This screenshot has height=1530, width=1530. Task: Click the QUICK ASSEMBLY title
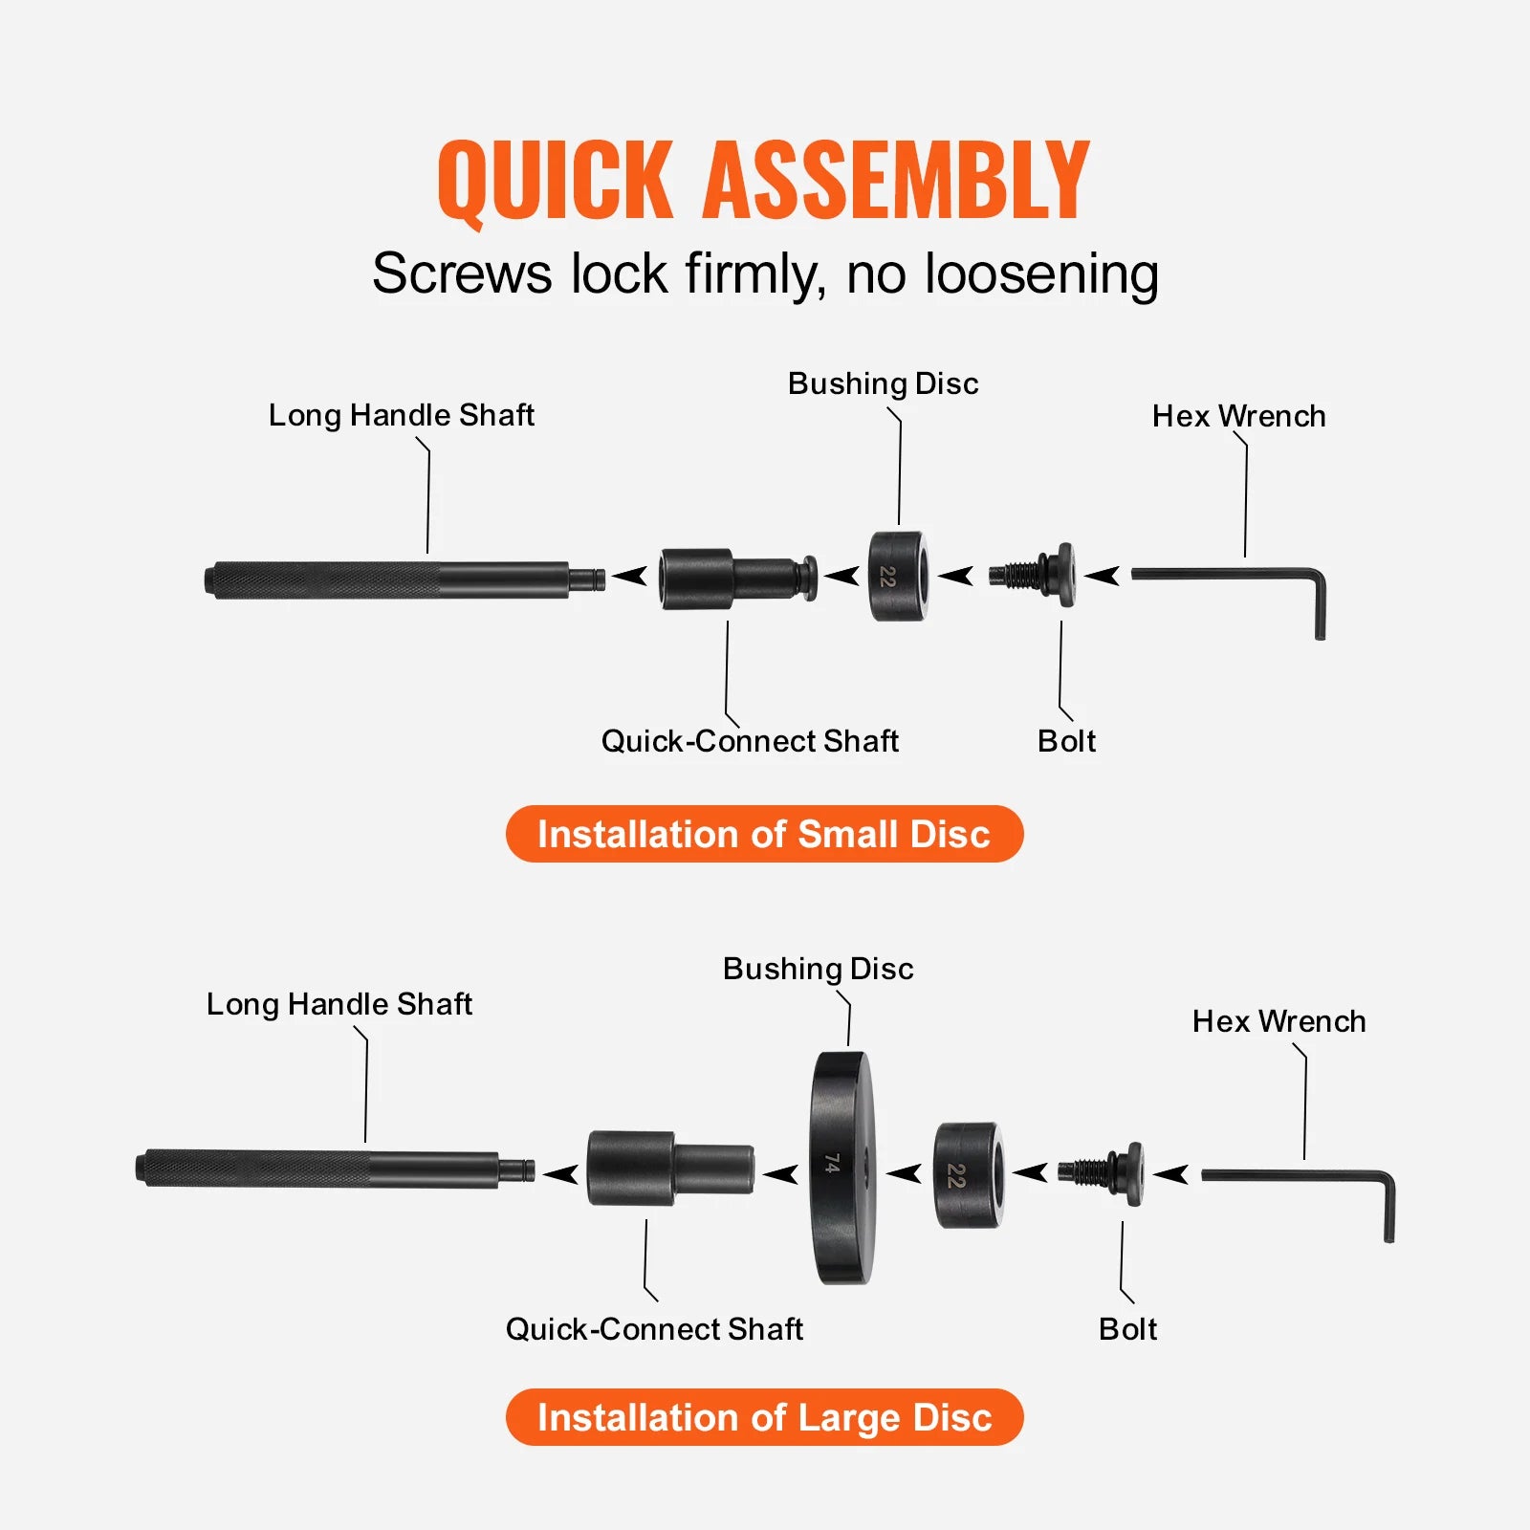click(x=763, y=180)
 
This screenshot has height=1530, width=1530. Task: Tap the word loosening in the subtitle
click(x=1041, y=274)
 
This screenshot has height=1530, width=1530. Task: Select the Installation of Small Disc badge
click(x=764, y=834)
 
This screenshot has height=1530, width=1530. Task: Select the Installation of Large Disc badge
click(x=764, y=1417)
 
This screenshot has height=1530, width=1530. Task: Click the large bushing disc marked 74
click(x=841, y=1167)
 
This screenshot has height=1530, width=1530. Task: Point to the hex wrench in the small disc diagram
click(x=1234, y=576)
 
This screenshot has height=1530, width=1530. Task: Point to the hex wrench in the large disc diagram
click(x=1300, y=1176)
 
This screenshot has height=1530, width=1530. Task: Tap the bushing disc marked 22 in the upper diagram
click(x=896, y=577)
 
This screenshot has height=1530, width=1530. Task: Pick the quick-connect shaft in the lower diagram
click(x=669, y=1169)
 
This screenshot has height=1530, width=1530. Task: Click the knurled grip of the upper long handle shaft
click(x=325, y=580)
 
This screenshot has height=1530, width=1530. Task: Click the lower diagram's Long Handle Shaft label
click(x=339, y=1004)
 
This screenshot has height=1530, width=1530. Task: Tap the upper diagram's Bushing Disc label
click(x=883, y=383)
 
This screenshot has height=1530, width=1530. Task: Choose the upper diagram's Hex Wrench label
click(x=1238, y=416)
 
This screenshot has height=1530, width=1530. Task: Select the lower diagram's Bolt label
click(x=1127, y=1329)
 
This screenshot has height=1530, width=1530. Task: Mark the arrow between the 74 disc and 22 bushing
click(x=904, y=1172)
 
